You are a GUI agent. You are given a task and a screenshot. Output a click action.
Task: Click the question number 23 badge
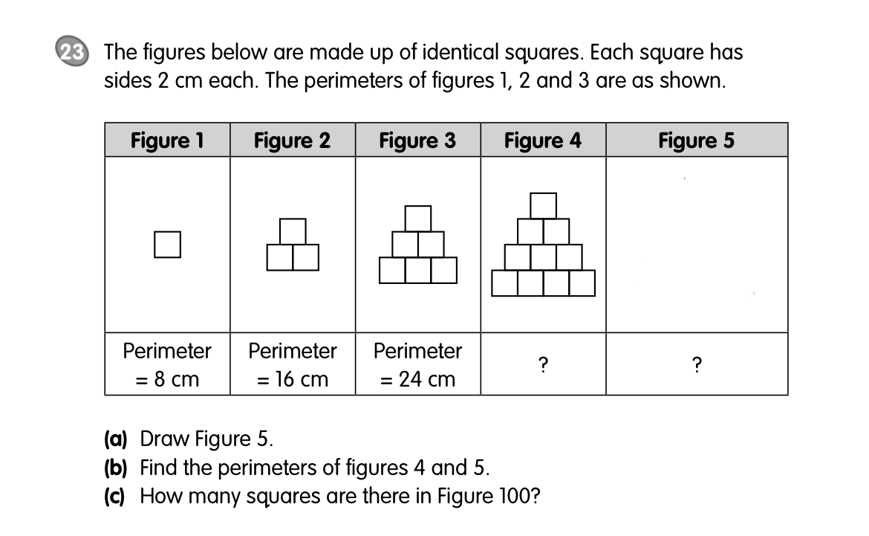pos(71,54)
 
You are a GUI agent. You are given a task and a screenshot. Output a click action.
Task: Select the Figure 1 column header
pos(167,140)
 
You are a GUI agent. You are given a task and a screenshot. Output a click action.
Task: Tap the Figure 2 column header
pos(292,140)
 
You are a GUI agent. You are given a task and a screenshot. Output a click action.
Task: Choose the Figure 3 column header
pos(417,140)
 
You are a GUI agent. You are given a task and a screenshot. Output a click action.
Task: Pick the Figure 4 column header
pos(543,140)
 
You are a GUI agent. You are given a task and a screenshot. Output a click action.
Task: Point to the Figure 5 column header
pos(696,140)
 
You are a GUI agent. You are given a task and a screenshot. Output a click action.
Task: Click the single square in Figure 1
pos(168,245)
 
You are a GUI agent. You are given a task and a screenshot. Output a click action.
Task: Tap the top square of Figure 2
pos(293,231)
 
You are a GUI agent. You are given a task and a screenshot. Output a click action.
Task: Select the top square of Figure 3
pos(418,219)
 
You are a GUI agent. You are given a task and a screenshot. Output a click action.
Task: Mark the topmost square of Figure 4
pos(544,206)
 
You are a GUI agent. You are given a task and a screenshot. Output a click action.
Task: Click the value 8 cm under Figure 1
pos(176,379)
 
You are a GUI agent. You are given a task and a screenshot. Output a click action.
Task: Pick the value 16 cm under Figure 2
pos(301,379)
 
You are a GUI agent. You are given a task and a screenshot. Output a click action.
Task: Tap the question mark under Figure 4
pos(543,365)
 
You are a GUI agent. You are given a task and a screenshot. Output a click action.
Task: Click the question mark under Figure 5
pos(696,365)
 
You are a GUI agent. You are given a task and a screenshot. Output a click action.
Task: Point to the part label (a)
pos(115,439)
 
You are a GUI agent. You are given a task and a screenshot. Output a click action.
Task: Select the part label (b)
pos(115,468)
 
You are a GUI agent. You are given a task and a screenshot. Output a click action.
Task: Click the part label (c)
pos(115,496)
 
